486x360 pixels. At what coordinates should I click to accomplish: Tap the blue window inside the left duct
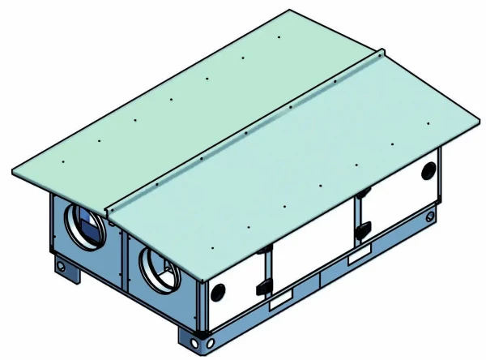coord(88,226)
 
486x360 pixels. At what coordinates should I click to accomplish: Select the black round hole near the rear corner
coord(428,170)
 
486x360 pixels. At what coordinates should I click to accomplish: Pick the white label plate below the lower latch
coord(278,302)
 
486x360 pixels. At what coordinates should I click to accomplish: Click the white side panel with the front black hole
coord(235,288)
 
